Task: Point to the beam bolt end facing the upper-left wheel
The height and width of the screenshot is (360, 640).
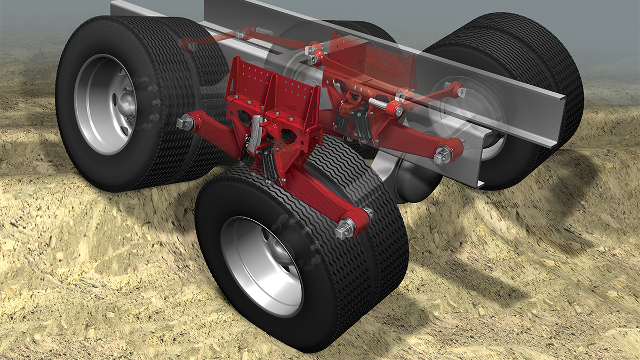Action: pyautogui.click(x=184, y=122)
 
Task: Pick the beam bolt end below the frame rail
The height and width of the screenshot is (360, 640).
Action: pyautogui.click(x=443, y=156)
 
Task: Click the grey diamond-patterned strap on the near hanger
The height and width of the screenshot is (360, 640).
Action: pyautogui.click(x=255, y=128)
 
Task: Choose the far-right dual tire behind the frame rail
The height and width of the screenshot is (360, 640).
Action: pyautogui.click(x=555, y=80)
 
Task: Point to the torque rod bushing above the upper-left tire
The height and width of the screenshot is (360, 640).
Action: pyautogui.click(x=190, y=45)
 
